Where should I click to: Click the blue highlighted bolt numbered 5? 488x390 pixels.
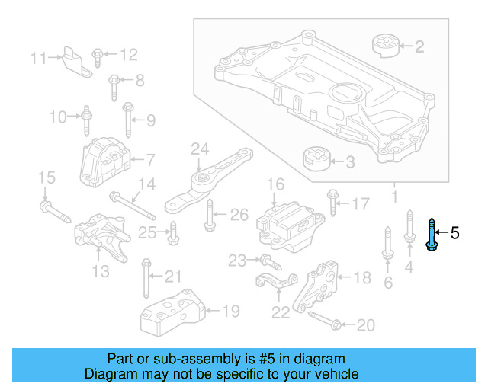point(432,234)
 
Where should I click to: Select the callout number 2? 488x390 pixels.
point(419,47)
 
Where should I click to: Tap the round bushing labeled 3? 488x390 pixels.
point(315,161)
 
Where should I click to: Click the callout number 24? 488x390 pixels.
point(199,148)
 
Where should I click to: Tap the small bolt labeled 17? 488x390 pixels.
point(332,203)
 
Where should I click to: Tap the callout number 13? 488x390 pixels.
point(101,272)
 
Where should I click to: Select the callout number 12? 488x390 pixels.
point(128,54)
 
